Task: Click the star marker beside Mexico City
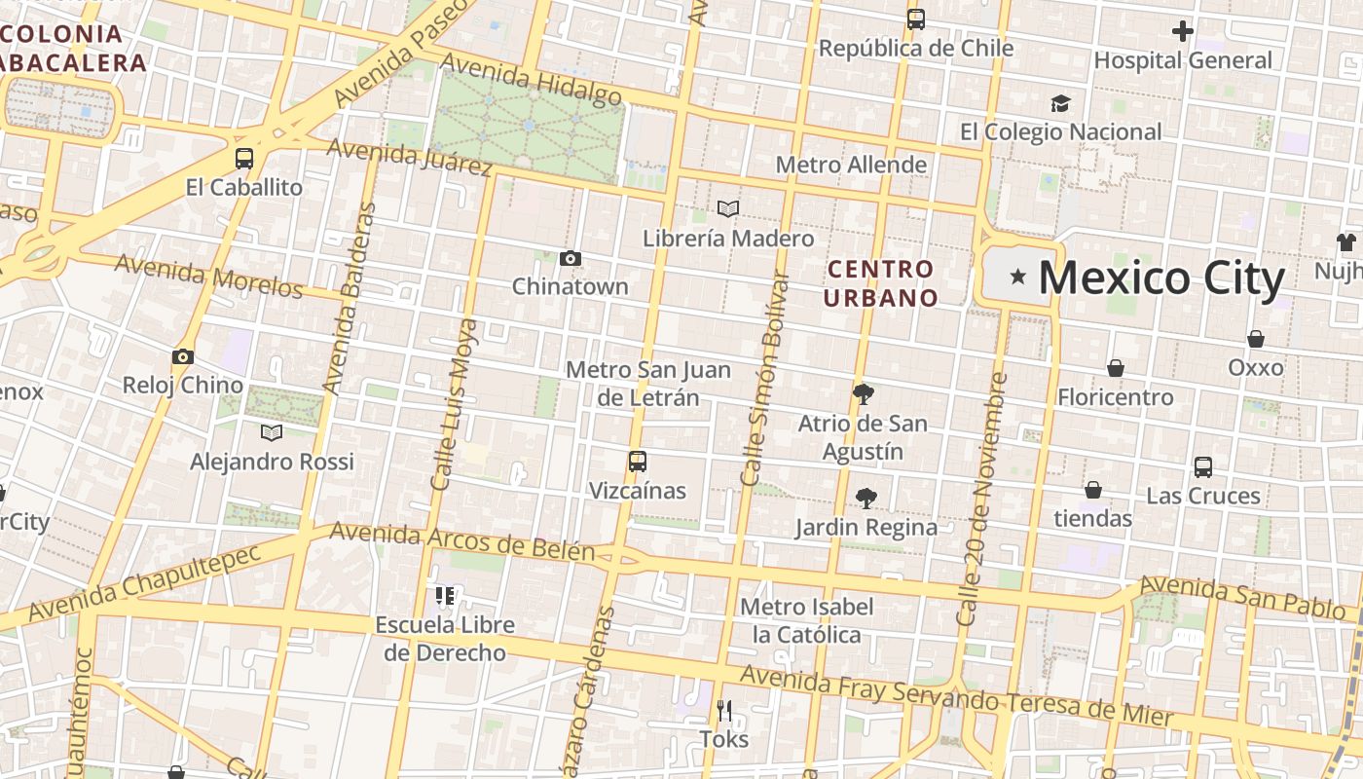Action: click(1018, 278)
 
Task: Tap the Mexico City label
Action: click(1161, 278)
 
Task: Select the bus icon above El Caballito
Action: click(244, 158)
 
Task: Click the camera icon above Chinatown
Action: click(571, 258)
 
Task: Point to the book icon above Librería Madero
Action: click(728, 208)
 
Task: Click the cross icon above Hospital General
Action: click(1183, 31)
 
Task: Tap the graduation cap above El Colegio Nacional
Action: click(1060, 103)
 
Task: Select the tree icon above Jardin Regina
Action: click(866, 499)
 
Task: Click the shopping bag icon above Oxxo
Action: click(1256, 339)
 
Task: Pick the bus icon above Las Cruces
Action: click(1203, 466)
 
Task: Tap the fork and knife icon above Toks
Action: click(724, 710)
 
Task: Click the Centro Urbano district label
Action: click(880, 283)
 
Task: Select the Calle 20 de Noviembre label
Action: click(983, 499)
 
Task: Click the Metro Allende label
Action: click(852, 165)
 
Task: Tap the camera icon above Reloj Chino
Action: click(182, 356)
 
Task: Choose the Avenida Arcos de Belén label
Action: click(461, 541)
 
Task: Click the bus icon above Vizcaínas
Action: click(638, 462)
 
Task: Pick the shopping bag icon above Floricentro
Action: click(1116, 368)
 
